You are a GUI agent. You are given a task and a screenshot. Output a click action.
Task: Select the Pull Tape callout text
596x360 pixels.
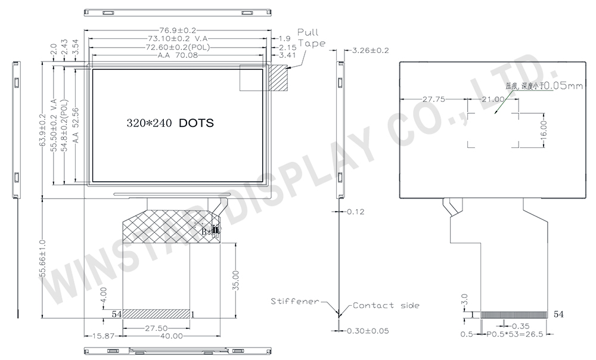(311, 37)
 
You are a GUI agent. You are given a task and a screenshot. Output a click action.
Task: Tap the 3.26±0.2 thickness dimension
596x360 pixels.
(371, 50)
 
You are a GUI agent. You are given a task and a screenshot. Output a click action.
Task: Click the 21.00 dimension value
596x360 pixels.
(493, 100)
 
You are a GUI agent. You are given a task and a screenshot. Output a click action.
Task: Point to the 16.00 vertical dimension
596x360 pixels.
(544, 129)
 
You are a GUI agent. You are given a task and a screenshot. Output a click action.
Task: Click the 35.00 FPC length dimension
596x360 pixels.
(237, 280)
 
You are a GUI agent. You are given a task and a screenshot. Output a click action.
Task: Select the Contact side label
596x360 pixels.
(386, 305)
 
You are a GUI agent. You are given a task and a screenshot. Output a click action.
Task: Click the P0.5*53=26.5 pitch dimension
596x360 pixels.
(512, 334)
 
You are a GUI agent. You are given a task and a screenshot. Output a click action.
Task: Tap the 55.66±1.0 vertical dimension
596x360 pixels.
(42, 259)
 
